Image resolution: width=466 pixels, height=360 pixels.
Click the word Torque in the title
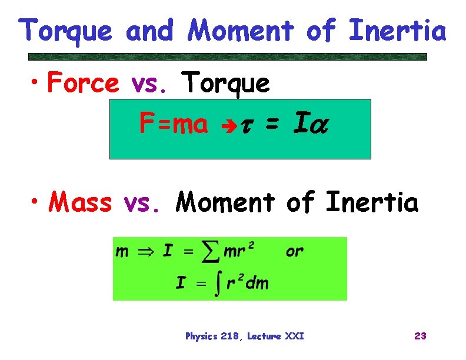pos(65,31)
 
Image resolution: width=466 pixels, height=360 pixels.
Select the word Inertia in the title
pos(398,31)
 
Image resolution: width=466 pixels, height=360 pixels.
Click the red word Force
pos(83,84)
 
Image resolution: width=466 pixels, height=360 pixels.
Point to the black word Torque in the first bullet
pos(227,84)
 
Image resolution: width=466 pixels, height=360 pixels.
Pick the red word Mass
pos(81,203)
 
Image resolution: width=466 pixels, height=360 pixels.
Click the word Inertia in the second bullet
pos(372,203)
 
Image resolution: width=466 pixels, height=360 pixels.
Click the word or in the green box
pos(295,252)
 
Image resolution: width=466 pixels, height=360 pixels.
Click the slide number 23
pos(420,336)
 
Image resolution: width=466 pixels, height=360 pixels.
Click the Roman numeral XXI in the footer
pos(294,336)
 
